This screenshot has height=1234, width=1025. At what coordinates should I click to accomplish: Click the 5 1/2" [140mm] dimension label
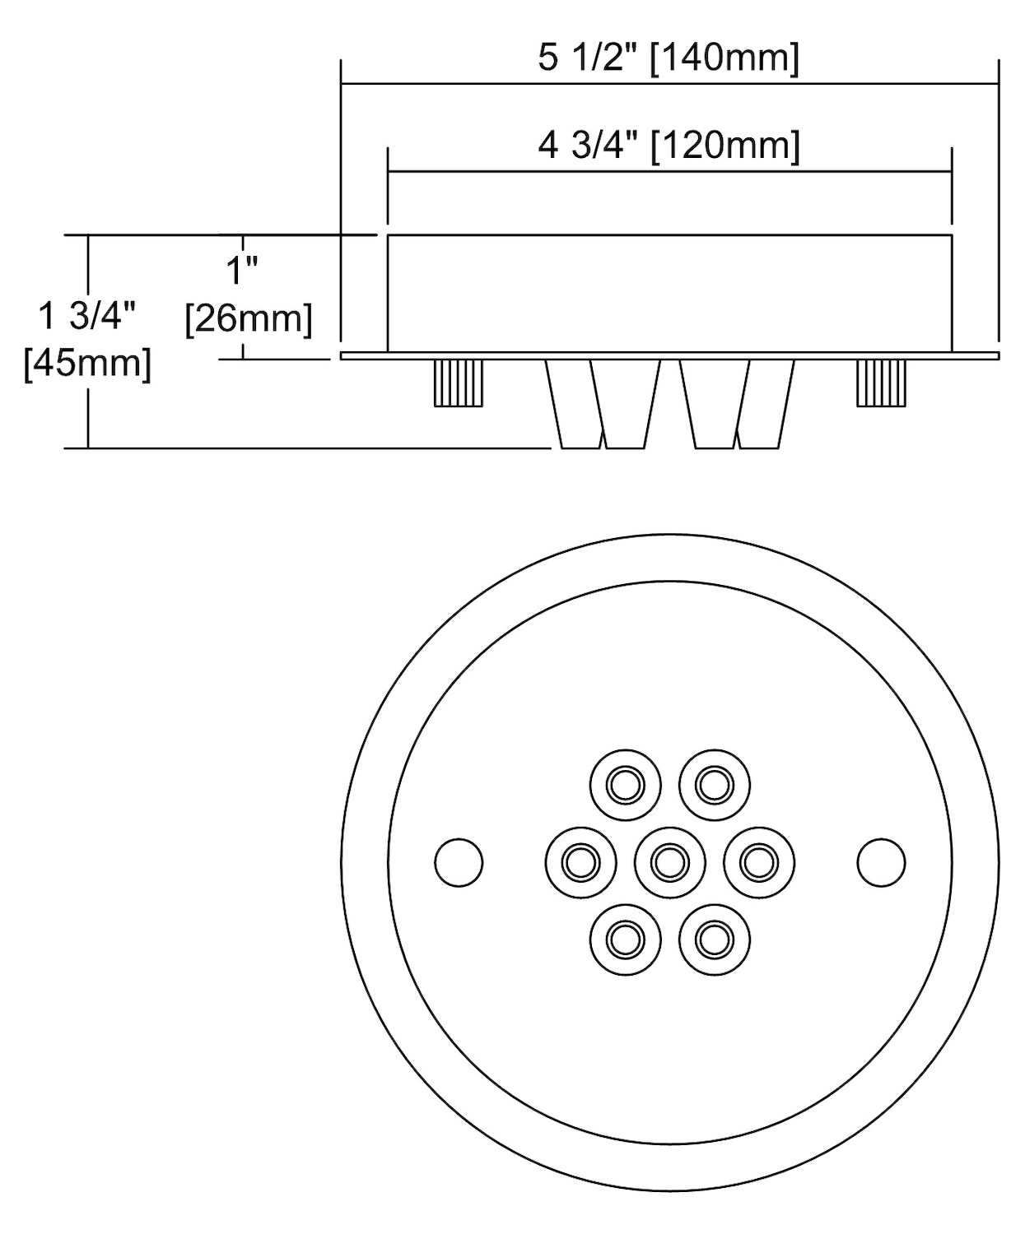point(669,58)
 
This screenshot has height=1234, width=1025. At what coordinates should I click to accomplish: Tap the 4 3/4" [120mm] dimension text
point(669,145)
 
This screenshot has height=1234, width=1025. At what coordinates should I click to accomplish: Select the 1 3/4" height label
point(87,316)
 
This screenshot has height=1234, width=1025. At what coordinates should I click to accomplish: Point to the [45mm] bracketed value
point(87,364)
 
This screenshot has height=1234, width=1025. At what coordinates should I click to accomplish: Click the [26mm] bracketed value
point(249,319)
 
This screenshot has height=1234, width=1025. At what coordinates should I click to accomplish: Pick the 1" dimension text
point(242,271)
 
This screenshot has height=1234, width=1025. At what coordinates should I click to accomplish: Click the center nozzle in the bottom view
point(669,863)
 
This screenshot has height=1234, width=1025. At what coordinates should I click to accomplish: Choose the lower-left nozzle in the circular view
point(625,939)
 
